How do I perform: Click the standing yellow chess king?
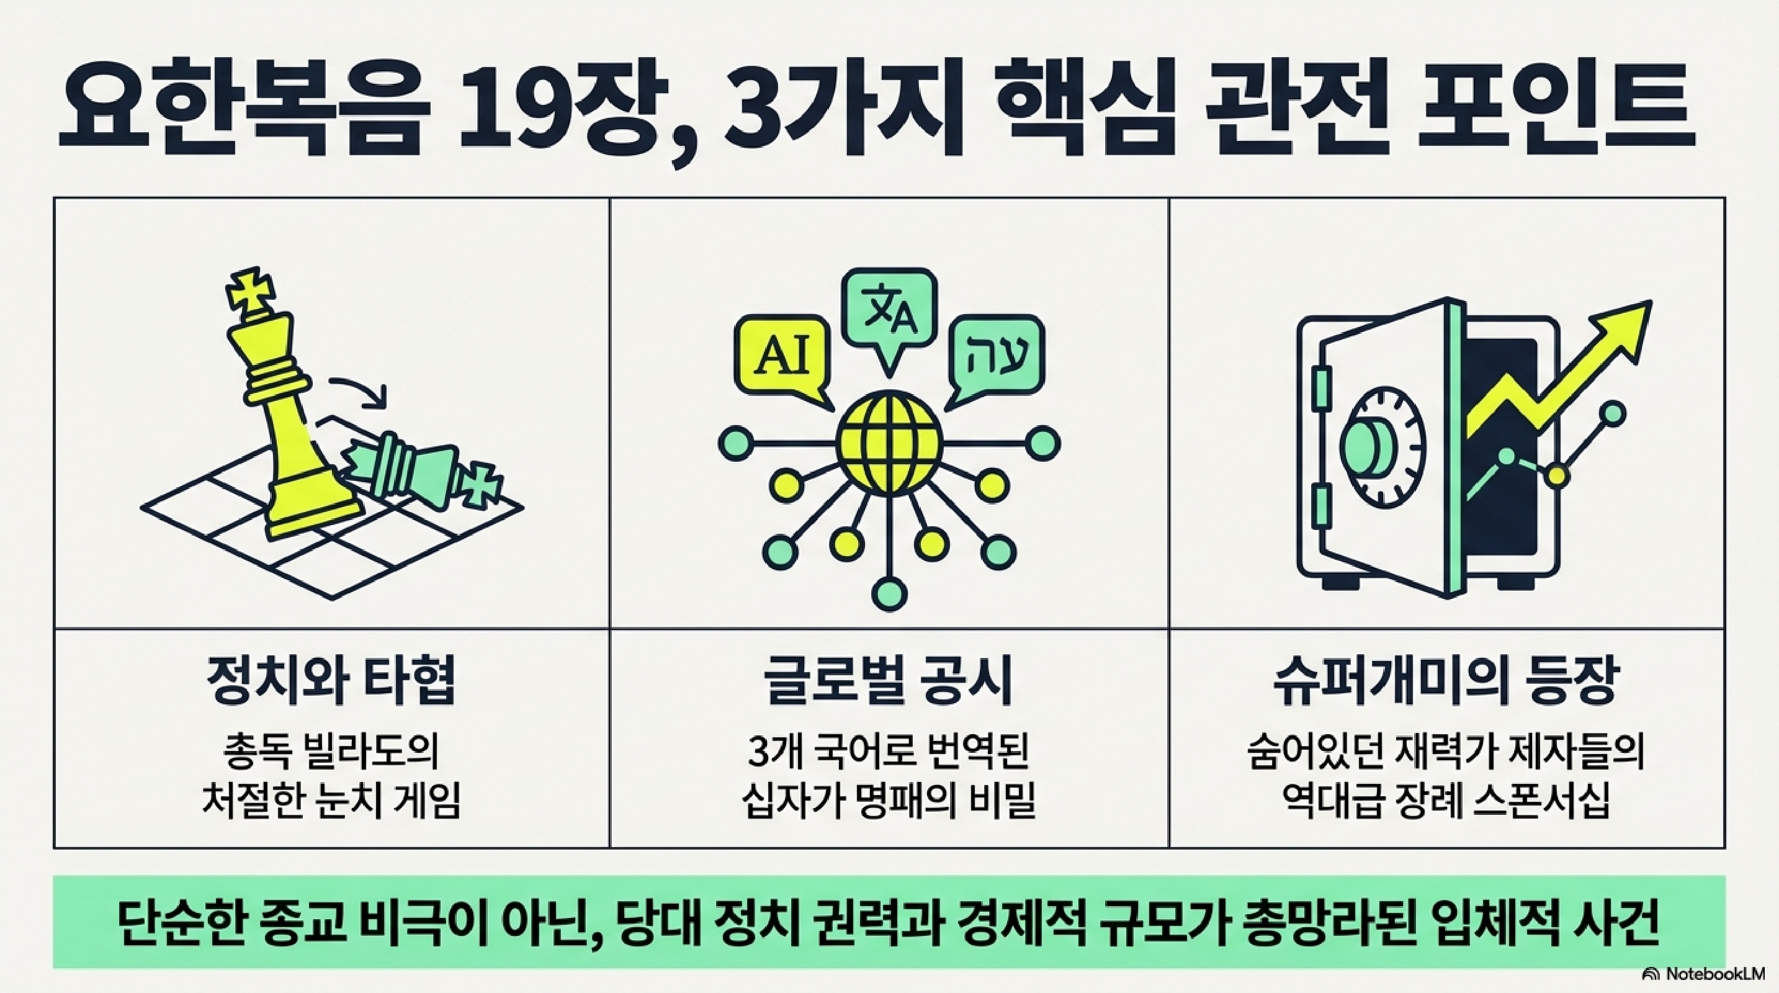(x=290, y=415)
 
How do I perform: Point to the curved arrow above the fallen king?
(x=359, y=390)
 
